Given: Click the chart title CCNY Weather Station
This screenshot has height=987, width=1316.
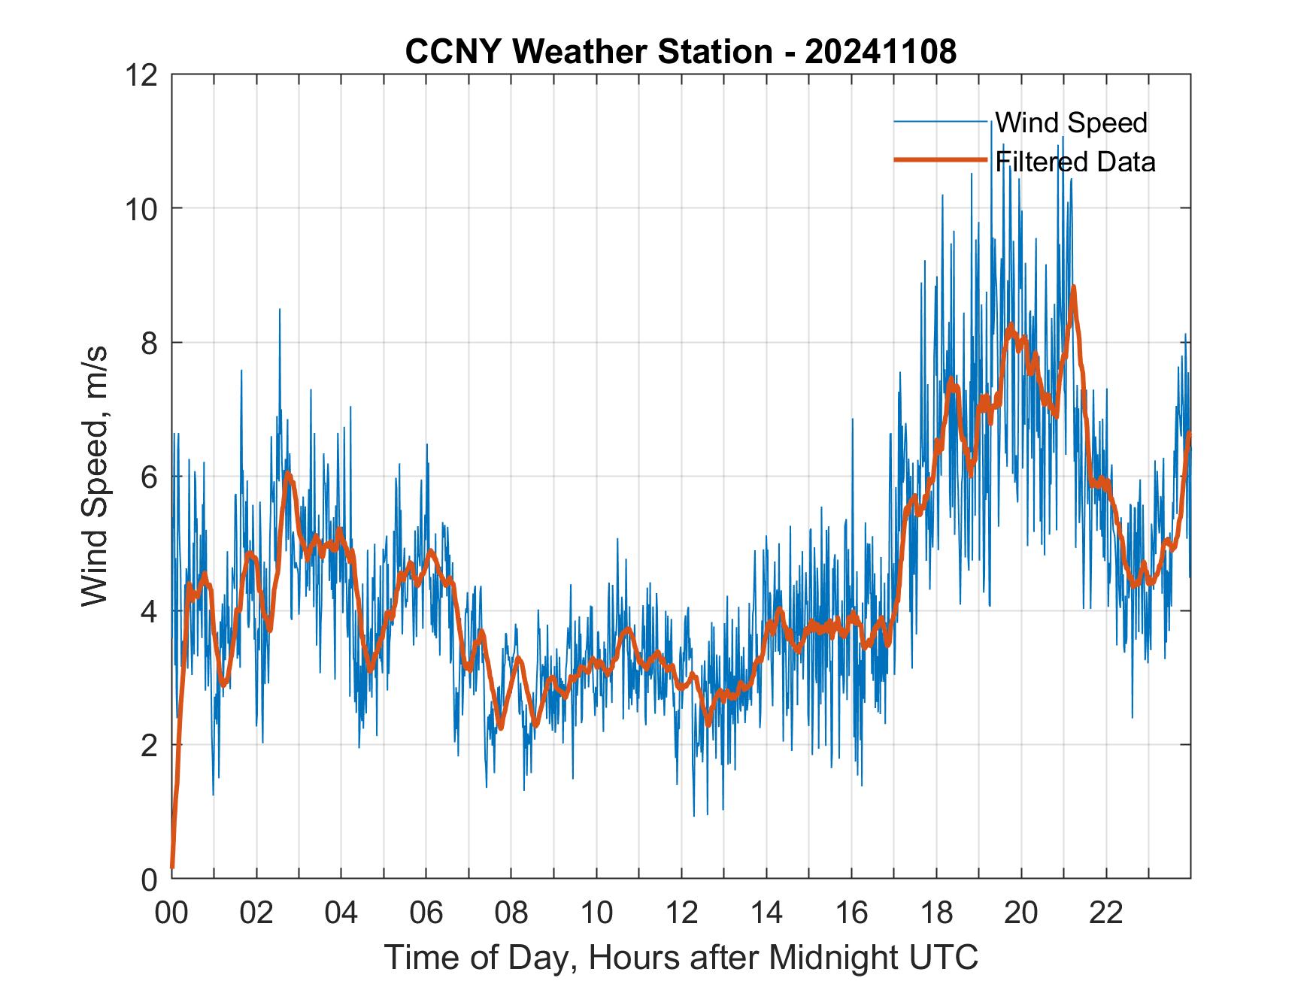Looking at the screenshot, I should pos(588,52).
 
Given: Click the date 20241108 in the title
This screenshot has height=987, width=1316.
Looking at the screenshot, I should pos(881,52).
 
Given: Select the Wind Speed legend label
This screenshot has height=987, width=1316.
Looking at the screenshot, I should pos(1072,123).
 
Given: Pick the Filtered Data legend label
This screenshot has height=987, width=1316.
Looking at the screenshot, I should pos(1075,162).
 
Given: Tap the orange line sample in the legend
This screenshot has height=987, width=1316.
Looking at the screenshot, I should pos(940,160).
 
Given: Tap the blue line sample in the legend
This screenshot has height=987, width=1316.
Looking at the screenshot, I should pos(940,122).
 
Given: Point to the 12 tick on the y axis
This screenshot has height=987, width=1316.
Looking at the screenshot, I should pos(143,74).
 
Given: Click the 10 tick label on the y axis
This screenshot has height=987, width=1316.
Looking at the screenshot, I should pos(143,208).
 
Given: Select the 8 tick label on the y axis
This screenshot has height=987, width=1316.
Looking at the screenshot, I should pos(150,343).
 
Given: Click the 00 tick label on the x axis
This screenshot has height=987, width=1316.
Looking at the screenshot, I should pos(171,913).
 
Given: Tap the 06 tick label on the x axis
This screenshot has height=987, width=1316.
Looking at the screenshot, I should pos(426,913).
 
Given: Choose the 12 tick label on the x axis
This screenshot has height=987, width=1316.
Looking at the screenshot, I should pos(681,913).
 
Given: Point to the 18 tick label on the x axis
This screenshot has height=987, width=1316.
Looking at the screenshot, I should pos(936,913).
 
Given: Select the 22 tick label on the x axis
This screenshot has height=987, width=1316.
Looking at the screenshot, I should pos(1106,913).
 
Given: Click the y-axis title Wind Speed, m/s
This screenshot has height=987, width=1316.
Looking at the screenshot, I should pos(96,476).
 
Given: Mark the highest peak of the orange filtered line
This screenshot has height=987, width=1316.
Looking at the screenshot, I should pos(1073,287).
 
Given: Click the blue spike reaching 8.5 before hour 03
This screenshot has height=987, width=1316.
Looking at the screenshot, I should pos(280,310).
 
